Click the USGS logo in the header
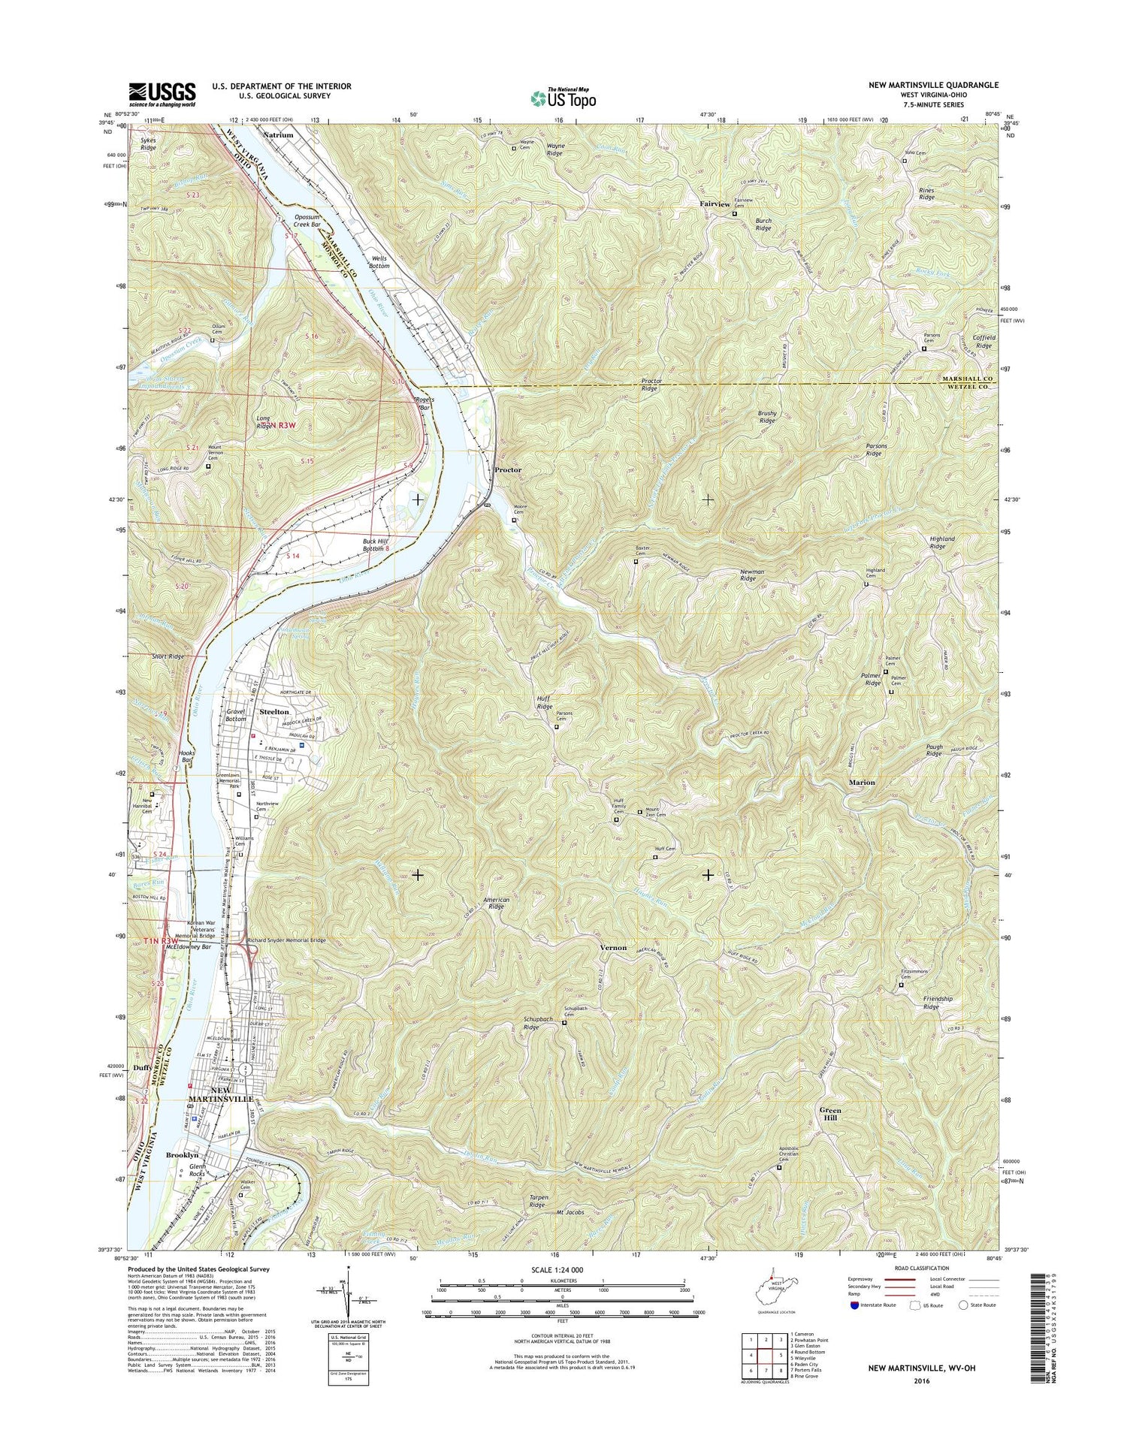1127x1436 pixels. [x=162, y=94]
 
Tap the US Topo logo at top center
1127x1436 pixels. [x=563, y=98]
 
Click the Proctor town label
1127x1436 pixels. [x=508, y=469]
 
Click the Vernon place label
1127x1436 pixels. [x=613, y=948]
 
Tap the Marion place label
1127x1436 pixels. [x=862, y=783]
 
